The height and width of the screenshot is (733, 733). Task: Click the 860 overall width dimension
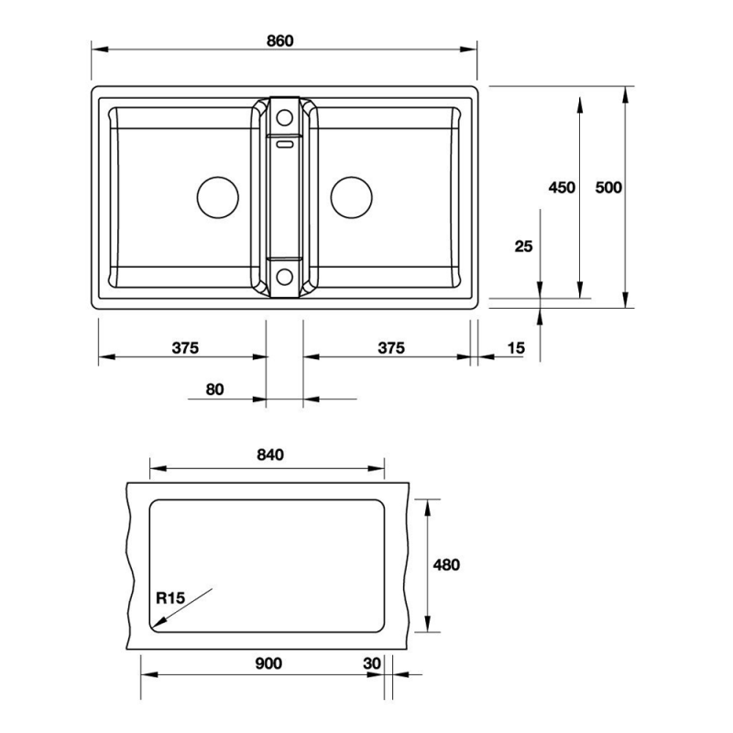coord(280,41)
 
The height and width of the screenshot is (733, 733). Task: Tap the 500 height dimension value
coord(608,188)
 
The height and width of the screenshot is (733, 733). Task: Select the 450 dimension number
coord(562,188)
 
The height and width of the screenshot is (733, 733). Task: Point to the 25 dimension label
coord(523,246)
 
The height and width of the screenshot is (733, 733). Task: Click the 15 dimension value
coord(516,348)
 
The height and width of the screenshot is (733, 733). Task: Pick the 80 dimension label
coord(214,389)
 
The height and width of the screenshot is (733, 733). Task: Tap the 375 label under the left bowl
coord(185,348)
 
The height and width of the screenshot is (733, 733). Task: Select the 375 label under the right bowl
coord(391,348)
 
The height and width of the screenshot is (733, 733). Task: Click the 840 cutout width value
coord(270,454)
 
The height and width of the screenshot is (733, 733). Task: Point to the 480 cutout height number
coord(446,565)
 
